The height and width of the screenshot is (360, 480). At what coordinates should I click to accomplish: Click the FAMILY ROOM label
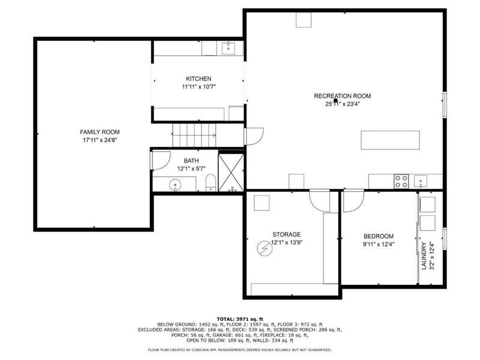coord(100,131)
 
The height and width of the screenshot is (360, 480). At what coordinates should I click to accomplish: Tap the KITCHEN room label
coord(199,79)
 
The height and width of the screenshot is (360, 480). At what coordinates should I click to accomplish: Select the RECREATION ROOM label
coord(343,95)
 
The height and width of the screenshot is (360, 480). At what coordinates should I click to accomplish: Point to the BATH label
coord(191,160)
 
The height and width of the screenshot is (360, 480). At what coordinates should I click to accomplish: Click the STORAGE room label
coord(286,234)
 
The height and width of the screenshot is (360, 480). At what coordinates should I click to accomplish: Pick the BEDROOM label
coord(379,236)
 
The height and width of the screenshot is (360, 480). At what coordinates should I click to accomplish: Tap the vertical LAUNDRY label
coord(424,256)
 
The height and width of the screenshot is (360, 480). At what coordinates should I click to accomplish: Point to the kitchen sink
coord(228,47)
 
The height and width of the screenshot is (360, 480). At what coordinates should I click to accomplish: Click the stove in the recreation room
coord(401,179)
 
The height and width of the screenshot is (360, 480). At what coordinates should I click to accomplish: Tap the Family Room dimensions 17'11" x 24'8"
coord(100,140)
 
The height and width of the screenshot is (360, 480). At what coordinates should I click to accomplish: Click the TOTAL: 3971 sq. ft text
coord(239,319)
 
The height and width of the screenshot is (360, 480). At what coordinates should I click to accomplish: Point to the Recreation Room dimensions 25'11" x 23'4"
coord(343,103)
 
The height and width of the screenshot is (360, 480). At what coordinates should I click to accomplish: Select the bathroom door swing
coord(160,158)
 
